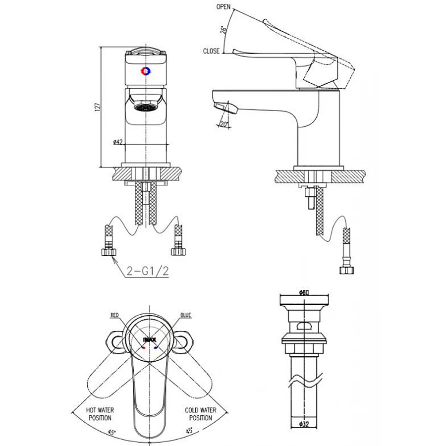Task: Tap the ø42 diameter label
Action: click(118, 142)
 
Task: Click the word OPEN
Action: click(223, 6)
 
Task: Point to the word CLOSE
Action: click(211, 51)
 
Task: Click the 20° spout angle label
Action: click(226, 124)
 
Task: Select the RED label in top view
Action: click(114, 315)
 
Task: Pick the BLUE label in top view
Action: click(186, 315)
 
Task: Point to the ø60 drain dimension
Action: click(304, 293)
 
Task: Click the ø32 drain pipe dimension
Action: click(304, 424)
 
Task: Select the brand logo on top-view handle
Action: click(149, 340)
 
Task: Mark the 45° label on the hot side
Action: click(112, 432)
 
